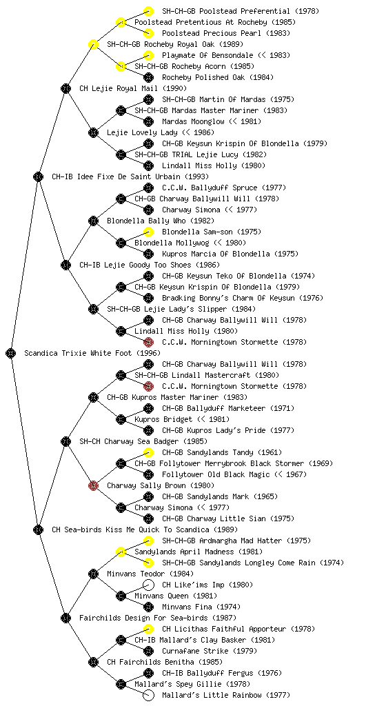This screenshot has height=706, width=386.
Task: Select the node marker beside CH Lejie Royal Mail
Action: pos(65,88)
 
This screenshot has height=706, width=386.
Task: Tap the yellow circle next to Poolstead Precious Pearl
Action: pos(148,33)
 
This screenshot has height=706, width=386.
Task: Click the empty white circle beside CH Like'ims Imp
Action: pos(148,585)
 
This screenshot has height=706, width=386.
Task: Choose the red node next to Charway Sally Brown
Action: pos(93,485)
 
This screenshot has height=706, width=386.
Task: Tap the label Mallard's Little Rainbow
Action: pos(212,695)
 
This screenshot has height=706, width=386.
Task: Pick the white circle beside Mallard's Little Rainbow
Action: pos(148,695)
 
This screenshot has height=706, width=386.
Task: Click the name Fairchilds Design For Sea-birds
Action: pos(143,618)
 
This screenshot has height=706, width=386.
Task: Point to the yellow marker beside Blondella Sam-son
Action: pos(148,232)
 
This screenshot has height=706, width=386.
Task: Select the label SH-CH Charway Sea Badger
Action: pos(129,441)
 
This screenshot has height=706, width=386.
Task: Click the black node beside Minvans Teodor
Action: pos(93,574)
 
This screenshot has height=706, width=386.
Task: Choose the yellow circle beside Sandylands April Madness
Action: pos(121,552)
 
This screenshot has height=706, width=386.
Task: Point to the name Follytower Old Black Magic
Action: pos(216,474)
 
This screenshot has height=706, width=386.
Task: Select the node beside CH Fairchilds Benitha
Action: pos(93,662)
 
